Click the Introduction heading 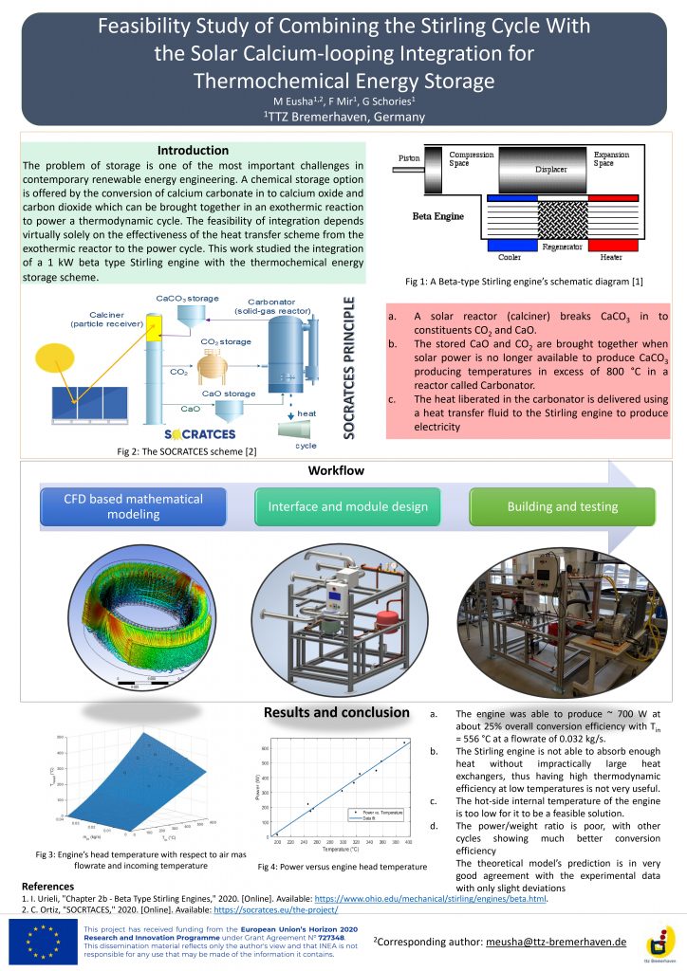[x=193, y=150]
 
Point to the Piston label [x=408, y=157]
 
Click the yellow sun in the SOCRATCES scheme [x=59, y=361]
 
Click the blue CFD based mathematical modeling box [x=134, y=506]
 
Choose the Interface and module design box [x=348, y=506]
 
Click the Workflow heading [x=336, y=471]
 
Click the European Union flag [x=46, y=942]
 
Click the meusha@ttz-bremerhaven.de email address [x=555, y=942]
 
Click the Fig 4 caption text [x=343, y=867]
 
